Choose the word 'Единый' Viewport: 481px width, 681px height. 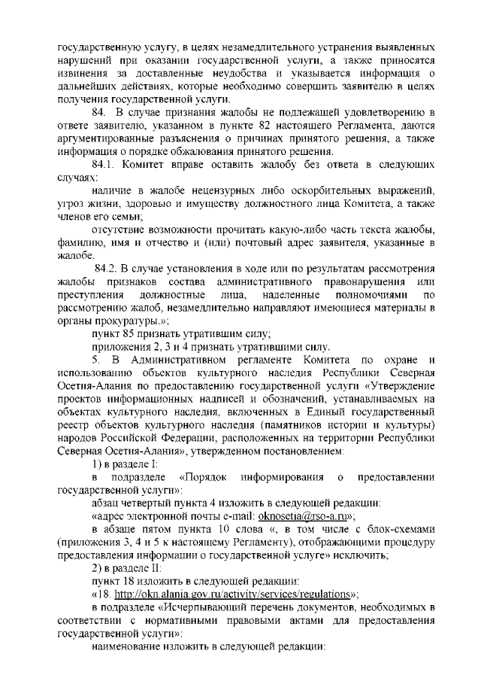tap(295, 412)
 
